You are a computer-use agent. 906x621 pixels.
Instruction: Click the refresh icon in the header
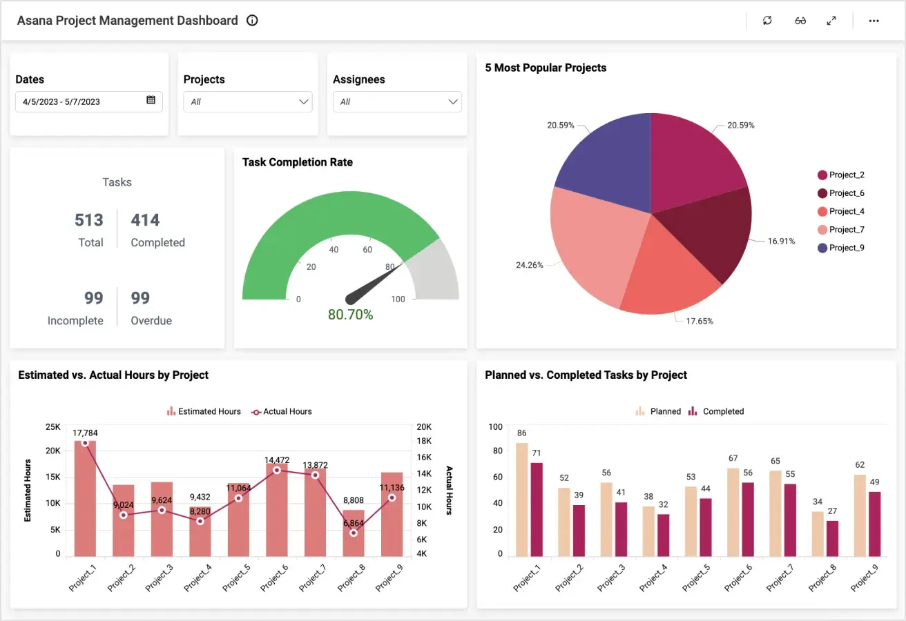coord(767,21)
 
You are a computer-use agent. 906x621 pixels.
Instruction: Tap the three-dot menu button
coord(874,21)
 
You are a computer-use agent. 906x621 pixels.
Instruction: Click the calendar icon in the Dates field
coord(151,101)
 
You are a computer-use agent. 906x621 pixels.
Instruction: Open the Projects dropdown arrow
coord(303,102)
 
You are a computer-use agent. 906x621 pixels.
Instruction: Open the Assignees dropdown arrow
coord(453,102)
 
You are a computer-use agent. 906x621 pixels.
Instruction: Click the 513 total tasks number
coord(89,220)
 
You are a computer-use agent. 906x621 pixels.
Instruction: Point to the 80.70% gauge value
coord(350,315)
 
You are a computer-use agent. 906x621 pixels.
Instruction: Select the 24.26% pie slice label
coord(529,265)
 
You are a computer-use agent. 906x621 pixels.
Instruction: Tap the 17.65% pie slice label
coord(699,321)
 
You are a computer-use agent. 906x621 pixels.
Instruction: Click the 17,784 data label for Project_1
coord(85,433)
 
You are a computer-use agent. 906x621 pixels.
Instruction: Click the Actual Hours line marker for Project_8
coord(354,533)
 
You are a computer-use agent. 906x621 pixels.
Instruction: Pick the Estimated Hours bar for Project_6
coord(276,511)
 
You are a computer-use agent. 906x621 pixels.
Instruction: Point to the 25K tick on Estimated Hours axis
coord(52,426)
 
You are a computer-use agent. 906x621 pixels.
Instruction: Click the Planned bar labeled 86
coord(521,500)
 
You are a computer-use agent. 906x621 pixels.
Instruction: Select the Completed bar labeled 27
coord(832,538)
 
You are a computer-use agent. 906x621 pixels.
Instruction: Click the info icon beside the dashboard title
coord(252,21)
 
